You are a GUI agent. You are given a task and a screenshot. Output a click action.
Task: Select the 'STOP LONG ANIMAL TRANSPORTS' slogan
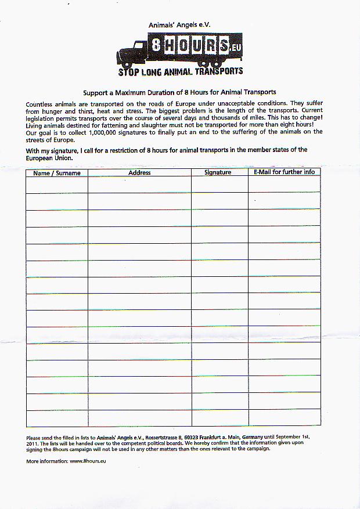tap(181, 72)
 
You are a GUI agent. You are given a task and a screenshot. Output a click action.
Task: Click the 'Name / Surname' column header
tap(57, 172)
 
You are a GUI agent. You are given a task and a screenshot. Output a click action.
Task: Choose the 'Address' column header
tap(139, 172)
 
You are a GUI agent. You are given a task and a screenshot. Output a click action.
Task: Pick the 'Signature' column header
tap(218, 172)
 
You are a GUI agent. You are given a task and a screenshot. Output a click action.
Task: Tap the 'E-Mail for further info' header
tap(284, 172)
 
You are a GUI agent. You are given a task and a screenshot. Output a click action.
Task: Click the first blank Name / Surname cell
tap(57, 185)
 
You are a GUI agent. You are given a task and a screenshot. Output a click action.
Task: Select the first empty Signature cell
tap(219, 185)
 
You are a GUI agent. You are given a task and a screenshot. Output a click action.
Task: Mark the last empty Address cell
tap(139, 418)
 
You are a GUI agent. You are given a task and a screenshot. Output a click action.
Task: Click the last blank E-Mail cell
tap(284, 418)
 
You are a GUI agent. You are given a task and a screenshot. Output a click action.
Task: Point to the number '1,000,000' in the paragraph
tap(110, 132)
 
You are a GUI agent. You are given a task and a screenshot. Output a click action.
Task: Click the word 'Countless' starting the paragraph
tap(39, 104)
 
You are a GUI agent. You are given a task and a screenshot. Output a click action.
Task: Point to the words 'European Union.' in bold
tap(49, 157)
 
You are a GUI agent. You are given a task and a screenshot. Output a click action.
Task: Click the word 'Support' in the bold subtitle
tap(96, 92)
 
